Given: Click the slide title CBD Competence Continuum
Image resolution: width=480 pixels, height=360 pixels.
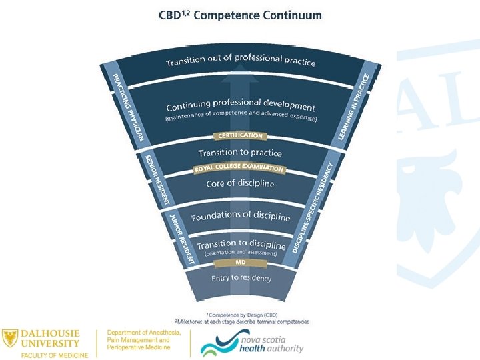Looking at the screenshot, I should click(x=240, y=15).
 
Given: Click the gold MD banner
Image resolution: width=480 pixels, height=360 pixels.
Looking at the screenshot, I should click(x=241, y=262).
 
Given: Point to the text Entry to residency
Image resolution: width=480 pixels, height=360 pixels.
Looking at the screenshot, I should click(x=241, y=277).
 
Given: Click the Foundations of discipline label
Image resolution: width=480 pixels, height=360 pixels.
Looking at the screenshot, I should click(x=241, y=216).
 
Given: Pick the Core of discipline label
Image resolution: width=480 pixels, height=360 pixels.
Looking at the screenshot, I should click(x=240, y=183).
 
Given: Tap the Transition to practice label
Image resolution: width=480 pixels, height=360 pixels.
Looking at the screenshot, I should click(x=240, y=153).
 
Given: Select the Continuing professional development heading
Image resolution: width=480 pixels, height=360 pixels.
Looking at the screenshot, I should click(x=241, y=105).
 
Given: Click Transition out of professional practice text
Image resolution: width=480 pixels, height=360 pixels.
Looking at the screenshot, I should click(x=241, y=60).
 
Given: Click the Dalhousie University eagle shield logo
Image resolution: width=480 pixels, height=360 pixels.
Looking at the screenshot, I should click(x=11, y=337).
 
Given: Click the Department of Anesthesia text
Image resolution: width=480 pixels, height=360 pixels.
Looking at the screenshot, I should click(x=139, y=333).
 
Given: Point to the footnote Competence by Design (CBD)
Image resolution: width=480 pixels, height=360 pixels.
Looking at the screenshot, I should click(x=241, y=314).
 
